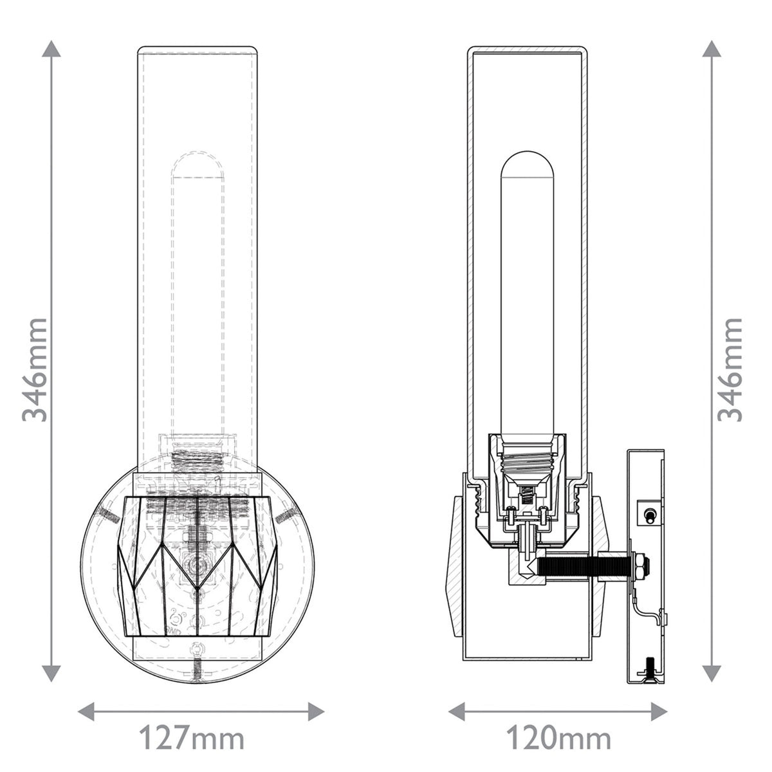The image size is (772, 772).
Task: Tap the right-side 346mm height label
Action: click(731, 369)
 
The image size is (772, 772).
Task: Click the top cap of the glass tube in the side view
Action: click(528, 48)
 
